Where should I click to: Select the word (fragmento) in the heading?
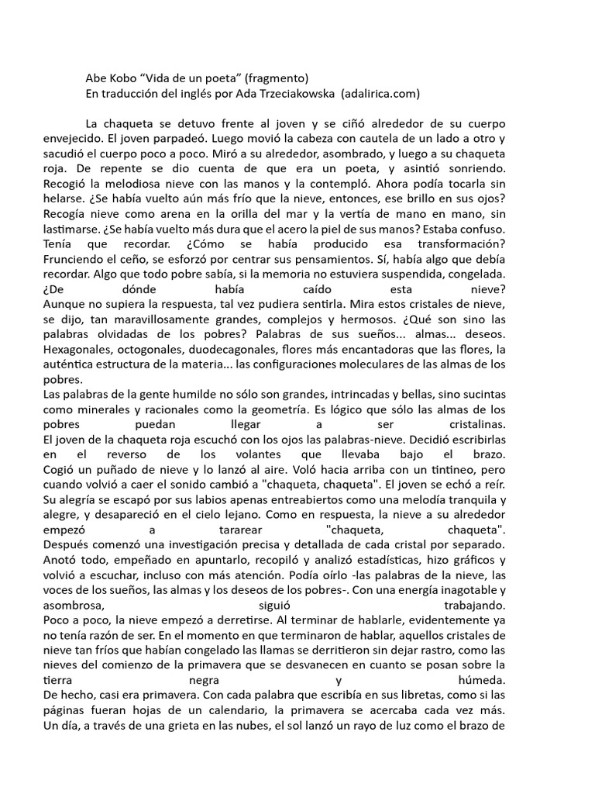click(277, 78)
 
